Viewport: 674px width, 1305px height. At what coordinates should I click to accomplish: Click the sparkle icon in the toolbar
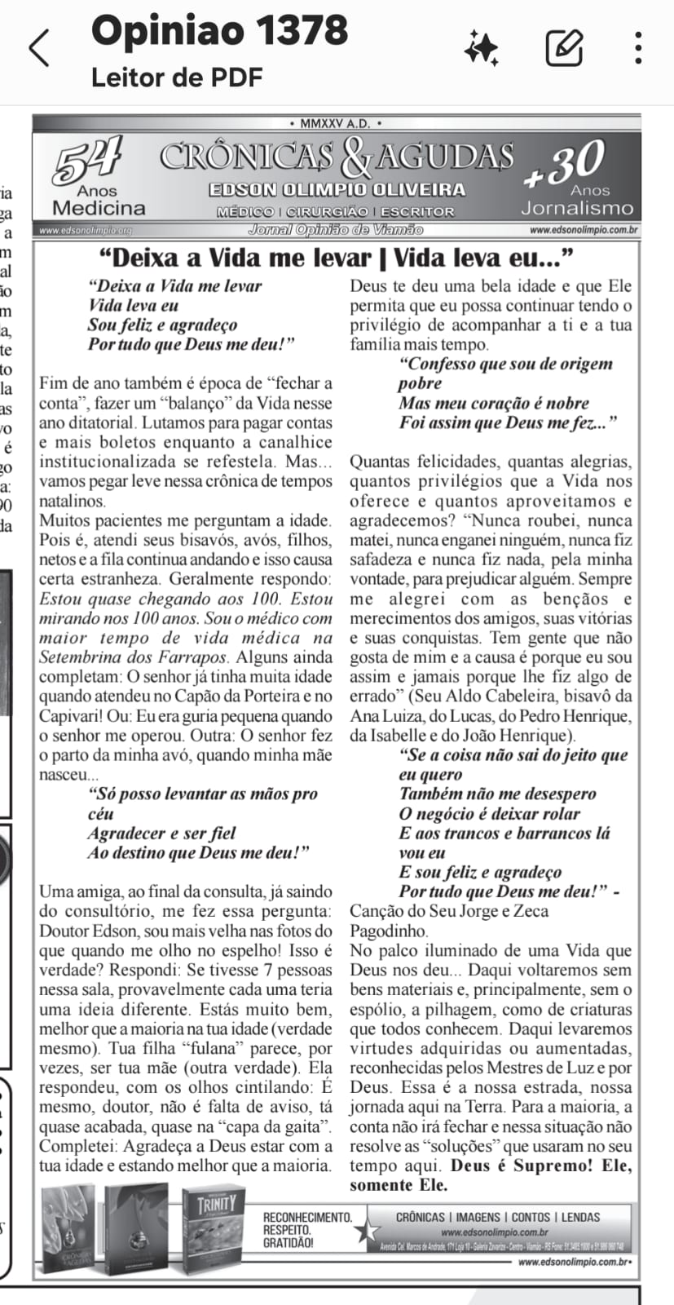point(481,47)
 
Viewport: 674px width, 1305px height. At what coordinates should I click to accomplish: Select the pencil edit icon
point(564,47)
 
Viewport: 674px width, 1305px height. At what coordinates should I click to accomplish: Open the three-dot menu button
point(639,47)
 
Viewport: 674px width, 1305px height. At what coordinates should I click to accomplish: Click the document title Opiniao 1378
point(219,31)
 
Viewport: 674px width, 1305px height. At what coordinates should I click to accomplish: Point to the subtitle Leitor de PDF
point(177,77)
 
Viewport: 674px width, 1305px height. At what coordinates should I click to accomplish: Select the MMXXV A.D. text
point(335,124)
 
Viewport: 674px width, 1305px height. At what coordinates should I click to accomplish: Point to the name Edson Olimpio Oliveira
point(337,190)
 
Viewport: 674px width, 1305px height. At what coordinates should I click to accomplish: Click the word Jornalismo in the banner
point(577,208)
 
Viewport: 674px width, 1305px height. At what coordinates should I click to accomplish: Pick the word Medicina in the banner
point(99,208)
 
